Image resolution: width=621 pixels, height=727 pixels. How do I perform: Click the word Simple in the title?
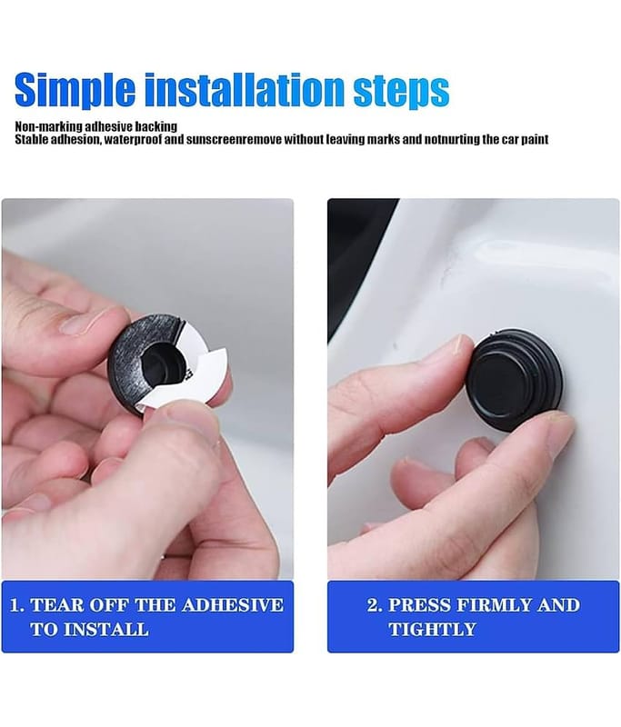(75, 90)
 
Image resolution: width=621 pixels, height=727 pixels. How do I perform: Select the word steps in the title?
(401, 92)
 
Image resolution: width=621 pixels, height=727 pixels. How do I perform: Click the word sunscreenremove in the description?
(234, 139)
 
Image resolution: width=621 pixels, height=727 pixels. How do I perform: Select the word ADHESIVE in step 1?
(233, 605)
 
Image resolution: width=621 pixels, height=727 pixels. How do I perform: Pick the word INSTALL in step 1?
(105, 630)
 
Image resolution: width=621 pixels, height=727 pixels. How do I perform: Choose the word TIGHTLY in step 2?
(432, 630)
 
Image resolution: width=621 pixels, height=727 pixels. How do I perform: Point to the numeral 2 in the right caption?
(373, 605)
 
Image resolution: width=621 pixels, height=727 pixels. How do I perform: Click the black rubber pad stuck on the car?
(514, 380)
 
